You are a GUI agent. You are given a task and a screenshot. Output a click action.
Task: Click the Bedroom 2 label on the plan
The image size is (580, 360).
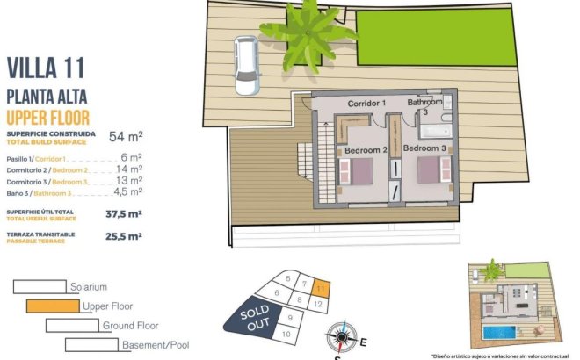(x=366, y=150)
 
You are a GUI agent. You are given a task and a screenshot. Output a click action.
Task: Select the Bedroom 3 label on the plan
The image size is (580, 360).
(x=436, y=150)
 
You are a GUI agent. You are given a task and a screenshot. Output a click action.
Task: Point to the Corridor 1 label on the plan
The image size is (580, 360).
(x=367, y=104)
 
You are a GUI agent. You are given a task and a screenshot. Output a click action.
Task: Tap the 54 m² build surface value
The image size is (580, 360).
(x=126, y=136)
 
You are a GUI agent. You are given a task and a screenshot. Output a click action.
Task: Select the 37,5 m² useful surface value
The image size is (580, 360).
(x=124, y=212)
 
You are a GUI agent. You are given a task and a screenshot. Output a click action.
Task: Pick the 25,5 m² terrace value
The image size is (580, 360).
(x=124, y=235)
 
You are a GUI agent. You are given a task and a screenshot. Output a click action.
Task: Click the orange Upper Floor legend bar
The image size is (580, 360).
(x=53, y=306)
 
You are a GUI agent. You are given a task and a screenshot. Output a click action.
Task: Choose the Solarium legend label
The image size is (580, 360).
(x=88, y=287)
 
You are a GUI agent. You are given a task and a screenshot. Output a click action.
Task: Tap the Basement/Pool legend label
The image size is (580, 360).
(x=156, y=345)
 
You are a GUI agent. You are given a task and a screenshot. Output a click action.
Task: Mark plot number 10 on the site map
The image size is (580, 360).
(x=285, y=334)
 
